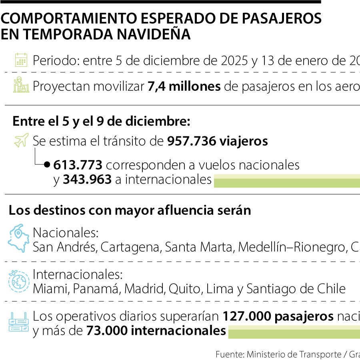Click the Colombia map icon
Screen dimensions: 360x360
click(18, 238)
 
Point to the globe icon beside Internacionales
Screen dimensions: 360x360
click(19, 281)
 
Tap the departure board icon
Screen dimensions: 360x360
click(19, 322)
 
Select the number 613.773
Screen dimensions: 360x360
click(78, 165)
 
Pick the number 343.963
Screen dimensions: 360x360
click(87, 180)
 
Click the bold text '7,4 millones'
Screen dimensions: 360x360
click(184, 86)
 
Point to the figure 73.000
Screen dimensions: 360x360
click(106, 331)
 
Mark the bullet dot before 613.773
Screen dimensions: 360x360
click(47, 164)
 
